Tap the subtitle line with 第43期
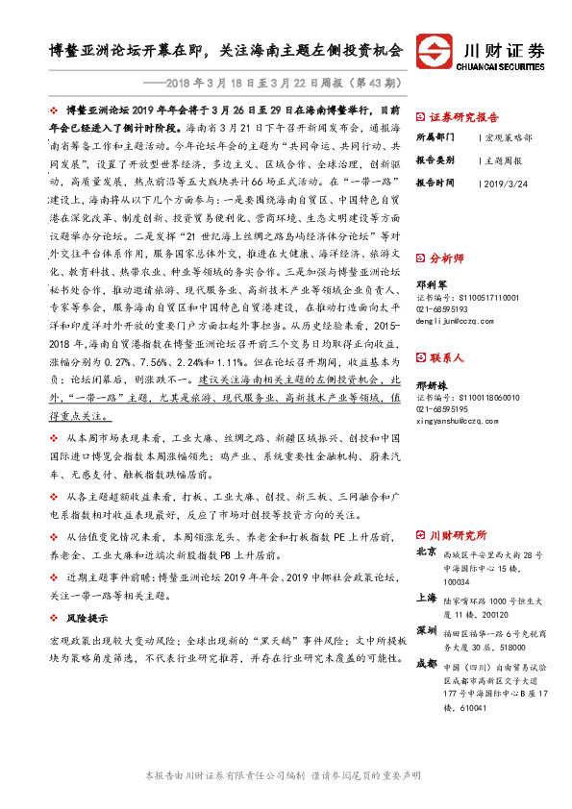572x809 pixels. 278,83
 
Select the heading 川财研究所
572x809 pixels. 459,533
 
